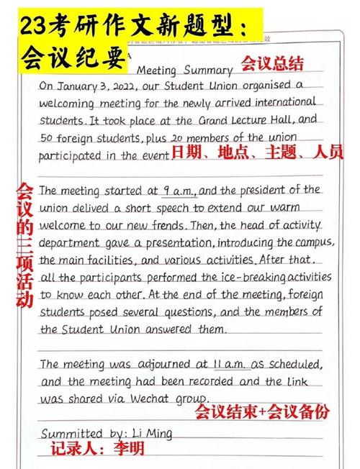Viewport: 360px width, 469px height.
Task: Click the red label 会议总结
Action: [x=271, y=63]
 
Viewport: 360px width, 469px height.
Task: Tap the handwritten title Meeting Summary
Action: [x=184, y=70]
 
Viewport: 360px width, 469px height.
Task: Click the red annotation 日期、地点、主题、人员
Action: [x=257, y=152]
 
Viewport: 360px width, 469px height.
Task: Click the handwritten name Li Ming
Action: [x=152, y=433]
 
